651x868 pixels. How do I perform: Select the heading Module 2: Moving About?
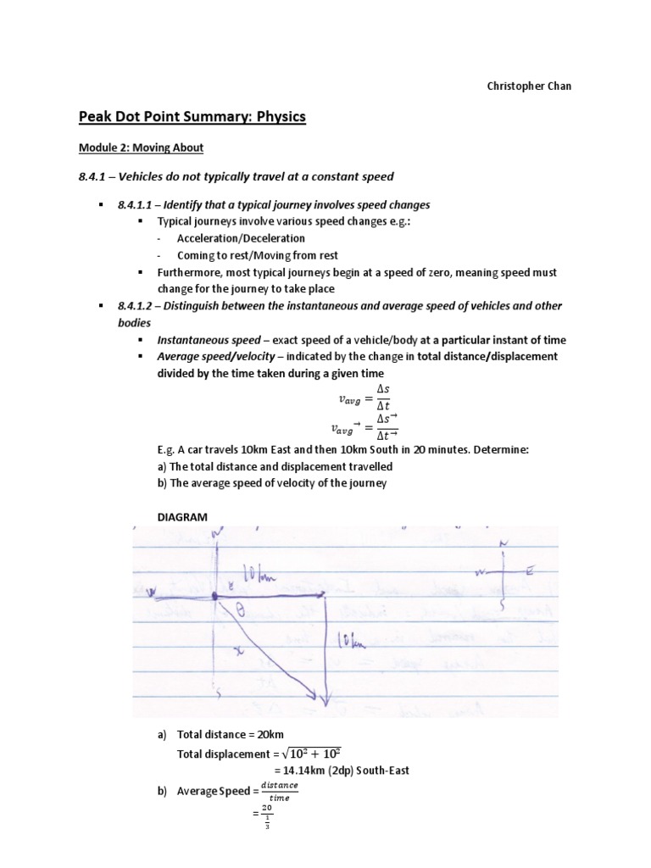(153, 147)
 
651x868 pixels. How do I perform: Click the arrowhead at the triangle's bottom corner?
(321, 698)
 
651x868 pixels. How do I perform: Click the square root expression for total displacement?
(311, 754)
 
